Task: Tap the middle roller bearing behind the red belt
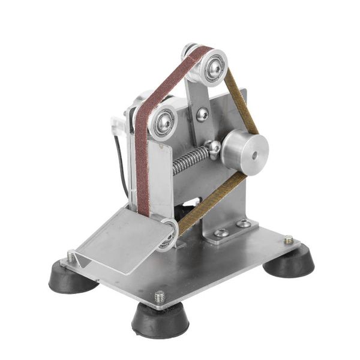(164, 122)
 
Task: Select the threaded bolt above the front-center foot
(160, 296)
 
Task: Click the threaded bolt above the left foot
(71, 256)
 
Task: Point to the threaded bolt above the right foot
(289, 239)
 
